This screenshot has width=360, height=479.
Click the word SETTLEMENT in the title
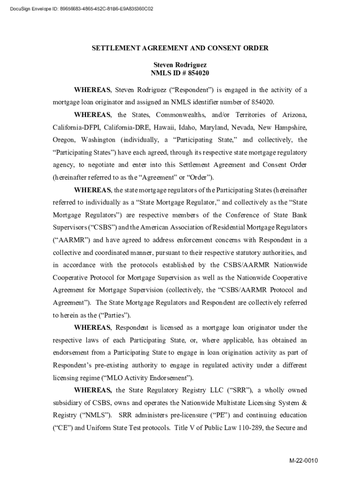(111, 48)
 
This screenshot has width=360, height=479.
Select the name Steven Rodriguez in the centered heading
(180, 65)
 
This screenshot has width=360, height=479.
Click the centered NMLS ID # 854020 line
(180, 73)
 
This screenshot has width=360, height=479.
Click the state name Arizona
(293, 115)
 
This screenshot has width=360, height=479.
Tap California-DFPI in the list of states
(77, 127)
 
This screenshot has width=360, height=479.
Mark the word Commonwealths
(181, 115)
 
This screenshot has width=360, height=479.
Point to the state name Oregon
(63, 140)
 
